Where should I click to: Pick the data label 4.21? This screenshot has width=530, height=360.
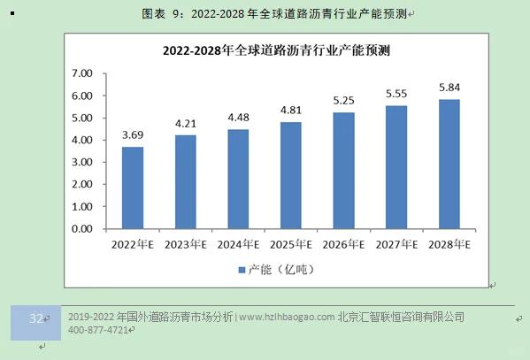(x=185, y=124)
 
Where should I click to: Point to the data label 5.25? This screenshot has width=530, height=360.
(x=343, y=101)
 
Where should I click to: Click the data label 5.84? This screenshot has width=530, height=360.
(x=449, y=88)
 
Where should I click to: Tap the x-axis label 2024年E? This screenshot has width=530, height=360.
(x=238, y=243)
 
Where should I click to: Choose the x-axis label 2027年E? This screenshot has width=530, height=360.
(x=396, y=243)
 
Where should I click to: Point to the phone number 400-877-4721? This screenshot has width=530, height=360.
(x=96, y=330)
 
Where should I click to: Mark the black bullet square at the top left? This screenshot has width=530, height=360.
(x=11, y=14)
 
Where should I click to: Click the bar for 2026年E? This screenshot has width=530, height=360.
(x=343, y=170)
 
